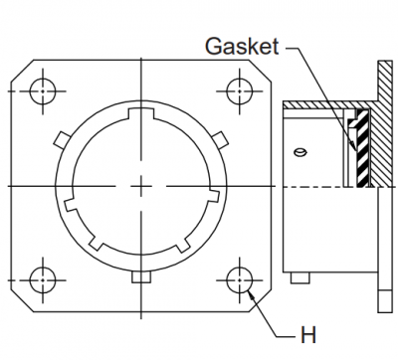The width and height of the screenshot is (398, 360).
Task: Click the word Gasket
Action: (x=242, y=46)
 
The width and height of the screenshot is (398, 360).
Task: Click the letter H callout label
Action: (x=308, y=335)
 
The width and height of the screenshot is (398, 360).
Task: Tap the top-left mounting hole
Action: (x=43, y=91)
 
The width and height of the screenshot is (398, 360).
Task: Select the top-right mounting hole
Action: (x=240, y=91)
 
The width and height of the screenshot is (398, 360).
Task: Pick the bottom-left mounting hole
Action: (x=43, y=280)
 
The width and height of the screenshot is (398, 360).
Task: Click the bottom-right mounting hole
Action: (x=240, y=280)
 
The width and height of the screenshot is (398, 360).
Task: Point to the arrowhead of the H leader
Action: (x=252, y=294)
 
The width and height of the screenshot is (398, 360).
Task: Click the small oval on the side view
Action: (x=300, y=152)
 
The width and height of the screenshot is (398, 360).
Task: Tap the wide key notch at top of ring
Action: (x=141, y=113)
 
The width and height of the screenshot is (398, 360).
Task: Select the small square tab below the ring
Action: (x=141, y=277)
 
